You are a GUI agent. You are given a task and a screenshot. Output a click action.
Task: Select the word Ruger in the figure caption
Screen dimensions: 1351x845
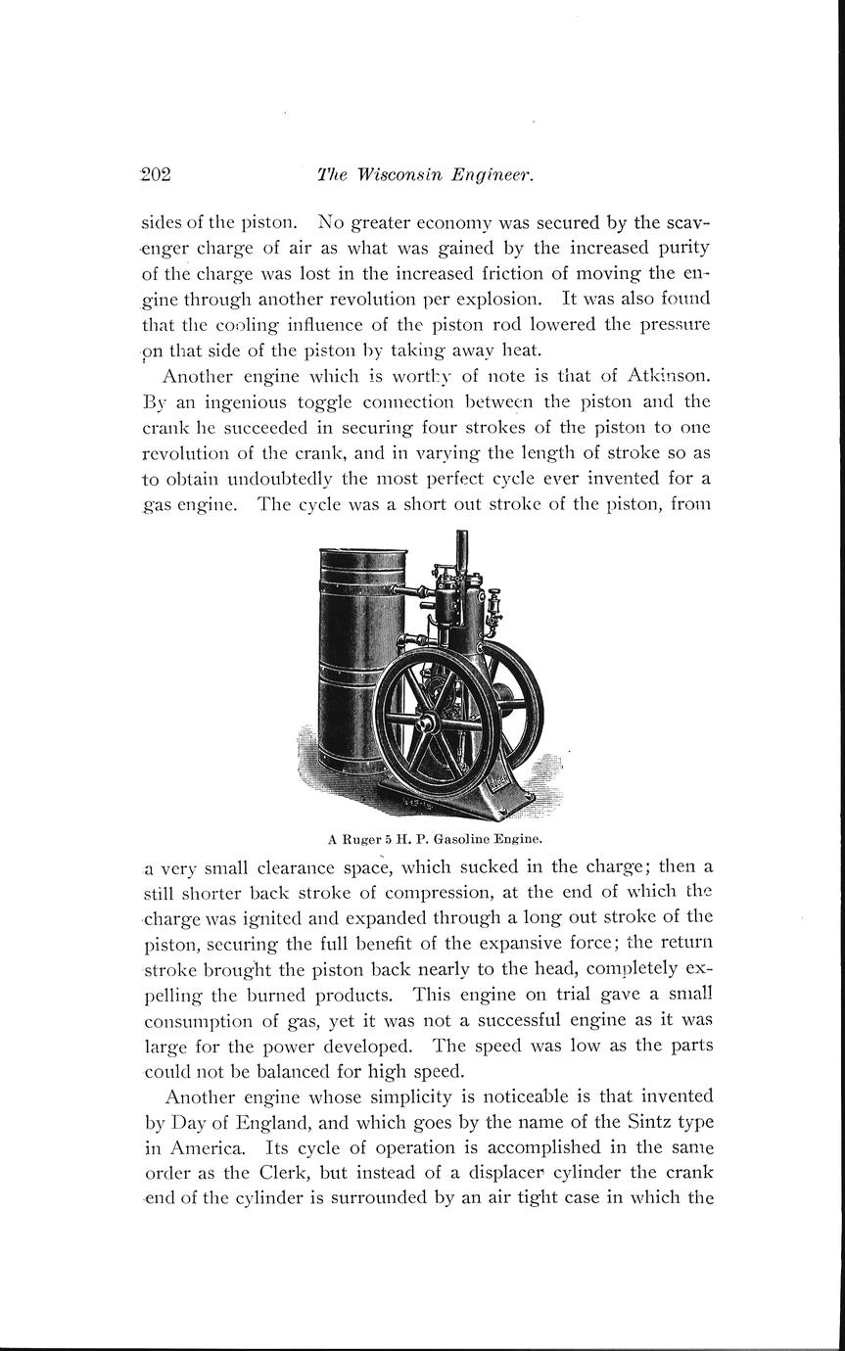(x=362, y=838)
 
